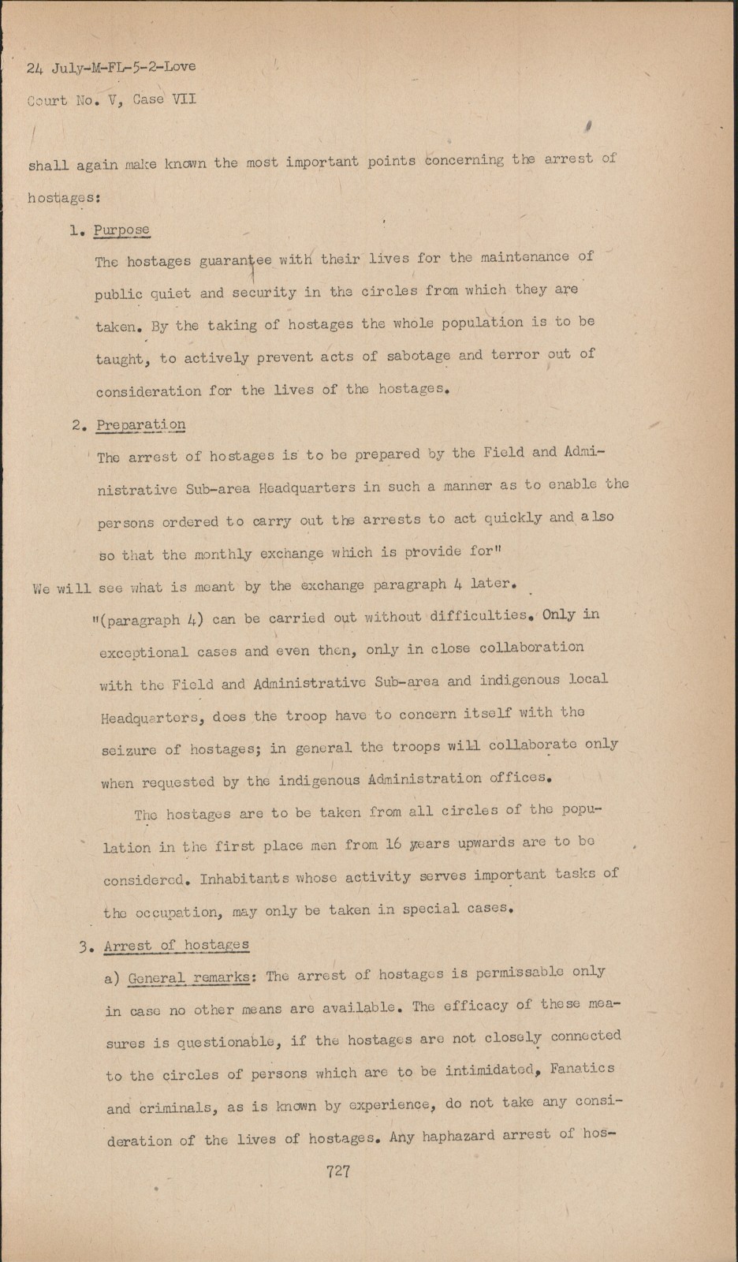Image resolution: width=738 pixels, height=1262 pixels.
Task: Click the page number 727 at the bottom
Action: coord(337,1171)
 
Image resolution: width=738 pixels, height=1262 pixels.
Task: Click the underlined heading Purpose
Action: coord(121,230)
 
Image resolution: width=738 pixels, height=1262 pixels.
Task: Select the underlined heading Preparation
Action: coord(141,424)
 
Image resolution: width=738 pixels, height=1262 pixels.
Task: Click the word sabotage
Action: coord(418,356)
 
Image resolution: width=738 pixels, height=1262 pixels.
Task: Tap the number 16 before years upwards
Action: coord(394,843)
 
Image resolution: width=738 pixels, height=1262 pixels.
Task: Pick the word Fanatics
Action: coord(581,1069)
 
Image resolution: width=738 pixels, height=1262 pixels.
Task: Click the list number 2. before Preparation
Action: coord(78,425)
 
